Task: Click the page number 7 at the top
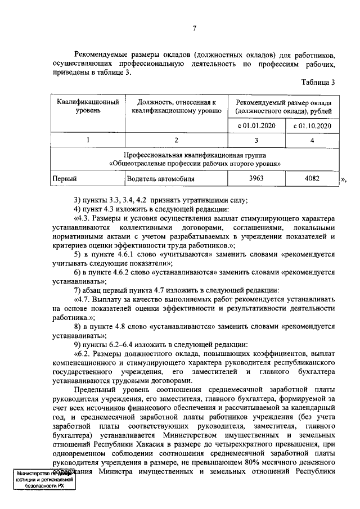194,29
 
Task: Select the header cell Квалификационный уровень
88,107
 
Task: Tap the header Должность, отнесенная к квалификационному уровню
177,107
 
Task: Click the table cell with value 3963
256,179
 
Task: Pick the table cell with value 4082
312,179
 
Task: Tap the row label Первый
63,179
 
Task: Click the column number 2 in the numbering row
177,139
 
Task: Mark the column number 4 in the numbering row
312,139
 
